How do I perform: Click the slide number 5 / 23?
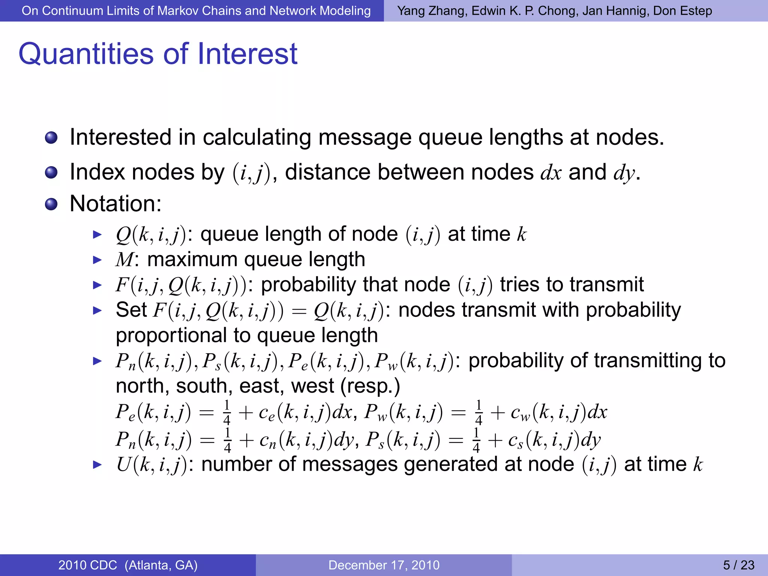tap(738, 565)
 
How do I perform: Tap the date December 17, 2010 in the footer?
tap(384, 565)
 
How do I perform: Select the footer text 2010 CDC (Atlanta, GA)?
tap(128, 565)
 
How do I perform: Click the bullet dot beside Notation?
tap(51, 204)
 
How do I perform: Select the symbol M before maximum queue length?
tap(124, 259)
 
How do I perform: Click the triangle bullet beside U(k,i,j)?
tap(97, 465)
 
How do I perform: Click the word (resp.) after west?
tap(370, 386)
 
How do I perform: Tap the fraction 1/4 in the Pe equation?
tap(226, 412)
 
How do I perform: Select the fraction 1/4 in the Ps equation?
tap(476, 439)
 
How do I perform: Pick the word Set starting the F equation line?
tap(131, 310)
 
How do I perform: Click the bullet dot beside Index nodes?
tap(51, 173)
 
